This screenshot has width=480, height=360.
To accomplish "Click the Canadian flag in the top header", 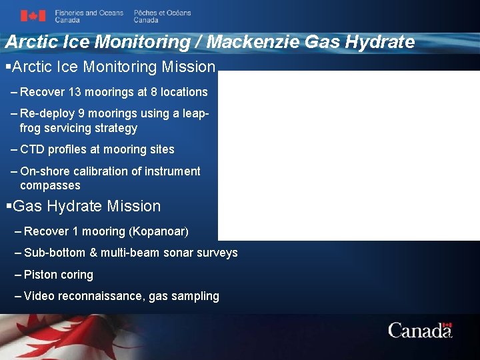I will [33, 16].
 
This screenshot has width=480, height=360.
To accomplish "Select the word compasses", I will [50, 185].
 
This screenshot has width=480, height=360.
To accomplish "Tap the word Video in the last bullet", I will [39, 296].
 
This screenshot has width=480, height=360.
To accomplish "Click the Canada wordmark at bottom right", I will [420, 330].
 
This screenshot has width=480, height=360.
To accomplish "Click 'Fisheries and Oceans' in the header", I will [89, 13].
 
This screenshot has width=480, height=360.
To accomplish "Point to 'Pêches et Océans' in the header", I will [162, 13].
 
